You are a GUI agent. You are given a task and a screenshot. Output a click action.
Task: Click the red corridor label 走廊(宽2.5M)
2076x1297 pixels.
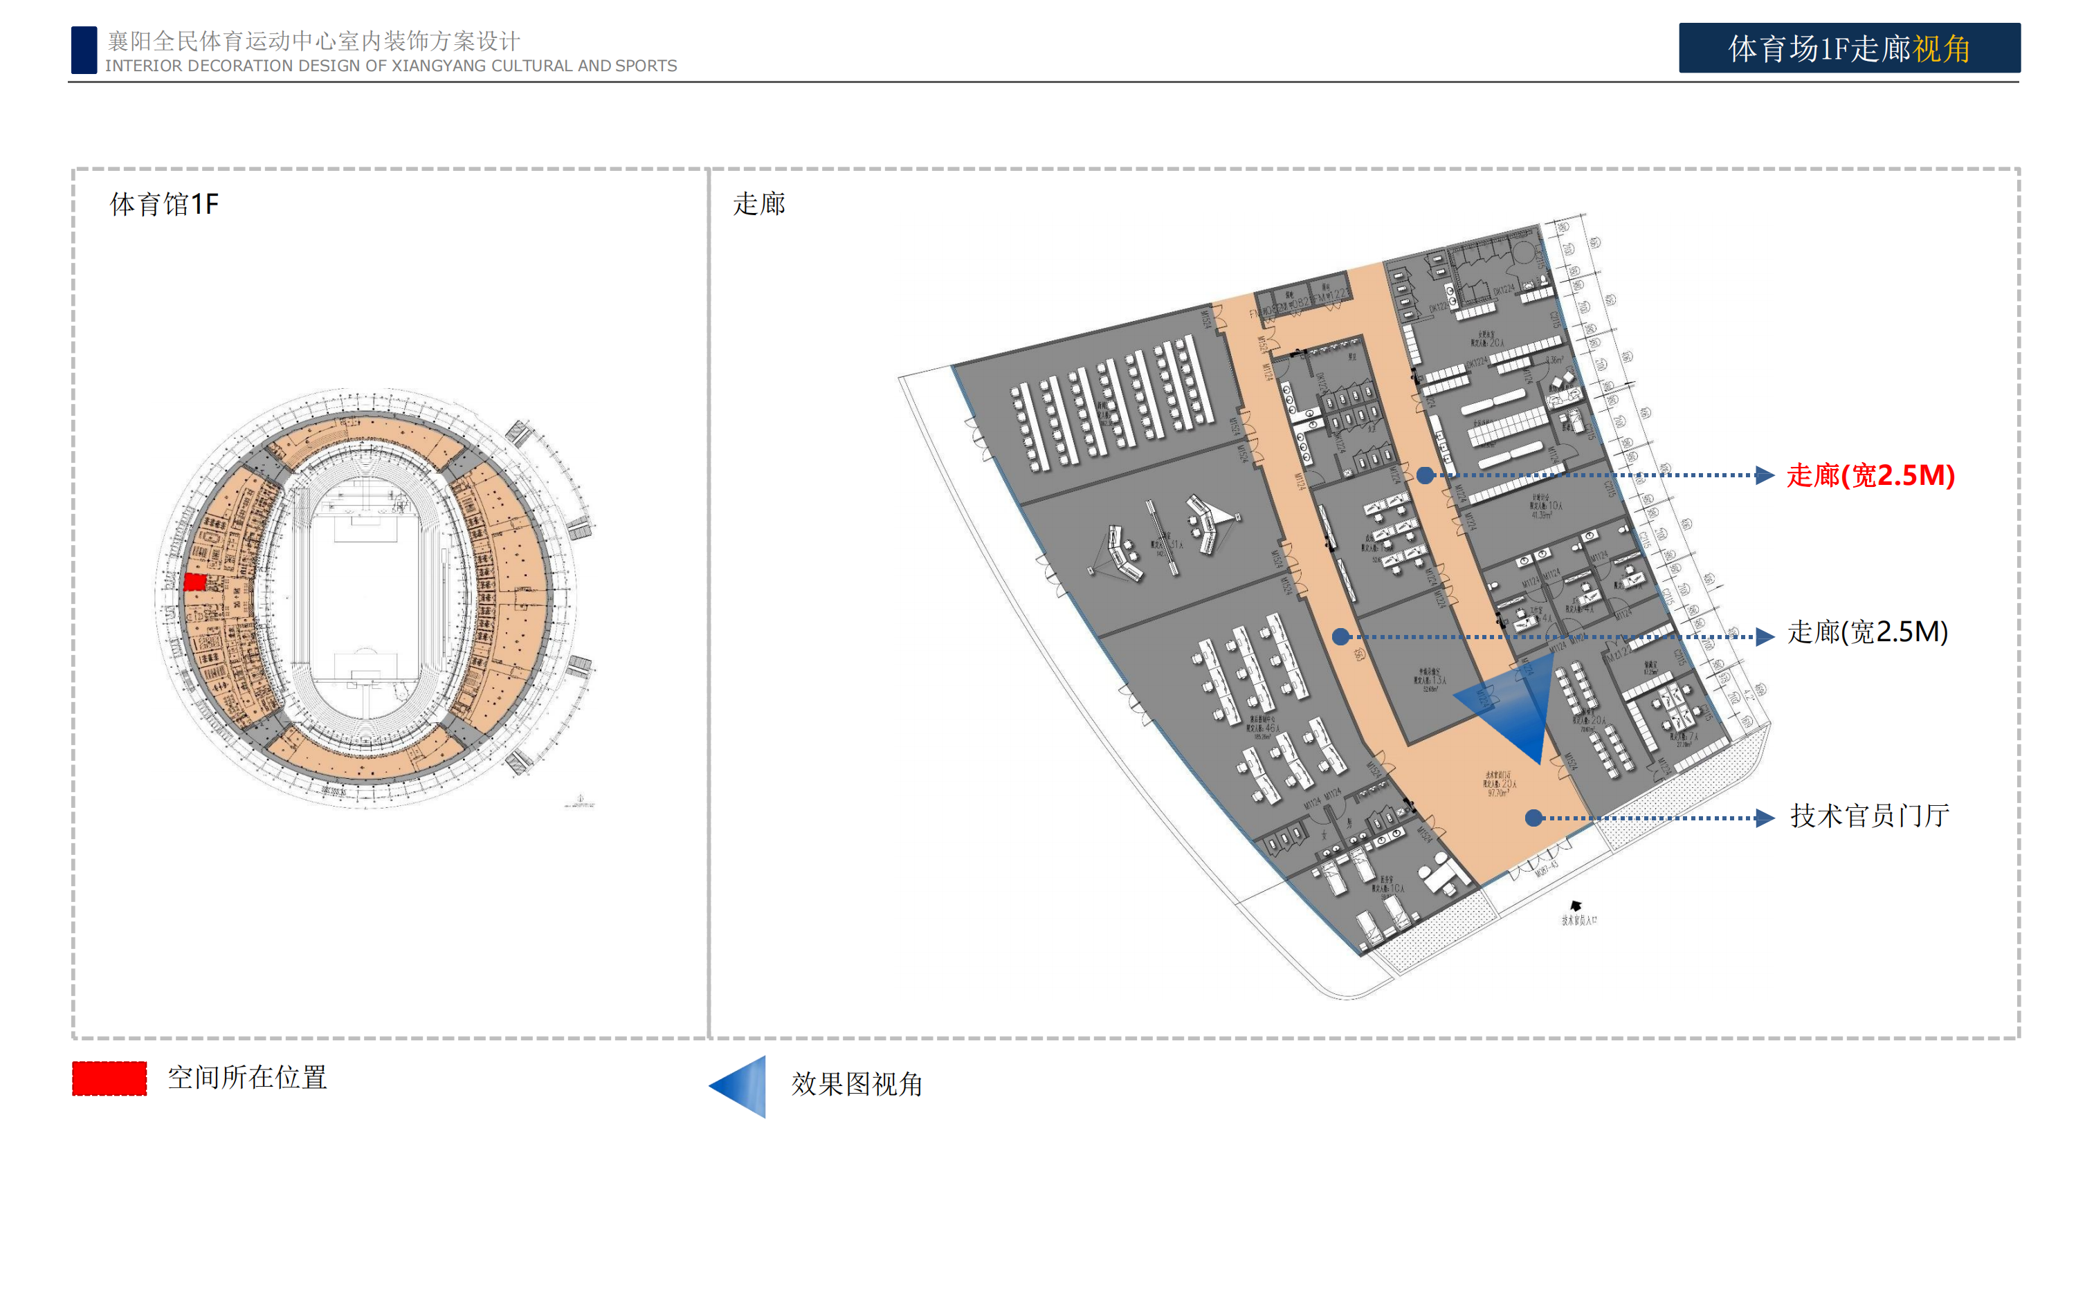[1870, 475]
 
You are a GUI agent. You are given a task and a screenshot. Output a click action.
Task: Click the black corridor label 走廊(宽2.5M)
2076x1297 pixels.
[1867, 632]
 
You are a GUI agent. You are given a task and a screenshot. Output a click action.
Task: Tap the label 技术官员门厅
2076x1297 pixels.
[1869, 816]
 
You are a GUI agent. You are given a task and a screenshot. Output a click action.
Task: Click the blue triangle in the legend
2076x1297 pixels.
[740, 1086]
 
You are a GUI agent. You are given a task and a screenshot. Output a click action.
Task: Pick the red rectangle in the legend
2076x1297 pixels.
[109, 1078]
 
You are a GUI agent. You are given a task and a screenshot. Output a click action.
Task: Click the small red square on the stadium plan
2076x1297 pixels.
[194, 582]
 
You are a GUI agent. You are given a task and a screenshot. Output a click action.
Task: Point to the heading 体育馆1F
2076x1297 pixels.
[164, 204]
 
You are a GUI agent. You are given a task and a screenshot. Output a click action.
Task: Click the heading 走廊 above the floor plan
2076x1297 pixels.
[759, 204]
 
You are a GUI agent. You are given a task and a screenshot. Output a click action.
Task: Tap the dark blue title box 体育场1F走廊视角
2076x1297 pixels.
[1848, 48]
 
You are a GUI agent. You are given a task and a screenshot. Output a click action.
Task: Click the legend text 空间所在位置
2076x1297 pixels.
[247, 1078]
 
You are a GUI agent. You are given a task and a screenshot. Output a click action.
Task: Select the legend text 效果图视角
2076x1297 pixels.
[856, 1084]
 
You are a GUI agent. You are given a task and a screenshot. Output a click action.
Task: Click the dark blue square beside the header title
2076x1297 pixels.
[84, 50]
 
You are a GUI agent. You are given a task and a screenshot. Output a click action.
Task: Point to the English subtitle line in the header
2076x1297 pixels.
[390, 66]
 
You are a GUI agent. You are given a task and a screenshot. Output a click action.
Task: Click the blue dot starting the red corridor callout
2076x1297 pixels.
[1424, 475]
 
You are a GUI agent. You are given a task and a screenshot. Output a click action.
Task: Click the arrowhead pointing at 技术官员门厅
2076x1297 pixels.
[1765, 818]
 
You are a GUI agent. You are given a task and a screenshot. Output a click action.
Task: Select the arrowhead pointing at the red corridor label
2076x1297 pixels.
[1765, 475]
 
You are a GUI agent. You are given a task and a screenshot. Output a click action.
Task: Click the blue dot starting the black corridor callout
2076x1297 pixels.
[1340, 636]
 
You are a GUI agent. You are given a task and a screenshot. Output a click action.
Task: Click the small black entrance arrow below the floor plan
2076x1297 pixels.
[1576, 905]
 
